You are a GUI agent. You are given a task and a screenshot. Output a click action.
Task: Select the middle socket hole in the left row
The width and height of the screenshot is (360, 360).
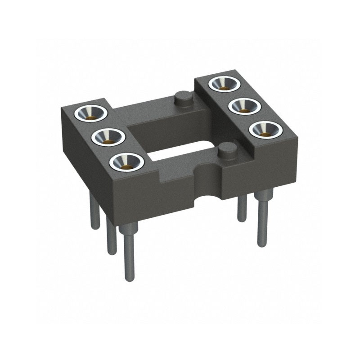108,136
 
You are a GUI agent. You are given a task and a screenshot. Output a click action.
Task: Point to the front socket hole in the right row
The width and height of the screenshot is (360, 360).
265,130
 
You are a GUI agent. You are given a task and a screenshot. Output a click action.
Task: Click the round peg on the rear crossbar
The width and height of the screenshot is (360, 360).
183,98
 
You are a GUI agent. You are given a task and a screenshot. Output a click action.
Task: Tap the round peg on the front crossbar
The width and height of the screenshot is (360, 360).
227,151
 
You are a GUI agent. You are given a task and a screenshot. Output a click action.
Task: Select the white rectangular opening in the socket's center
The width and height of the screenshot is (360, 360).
180,154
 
